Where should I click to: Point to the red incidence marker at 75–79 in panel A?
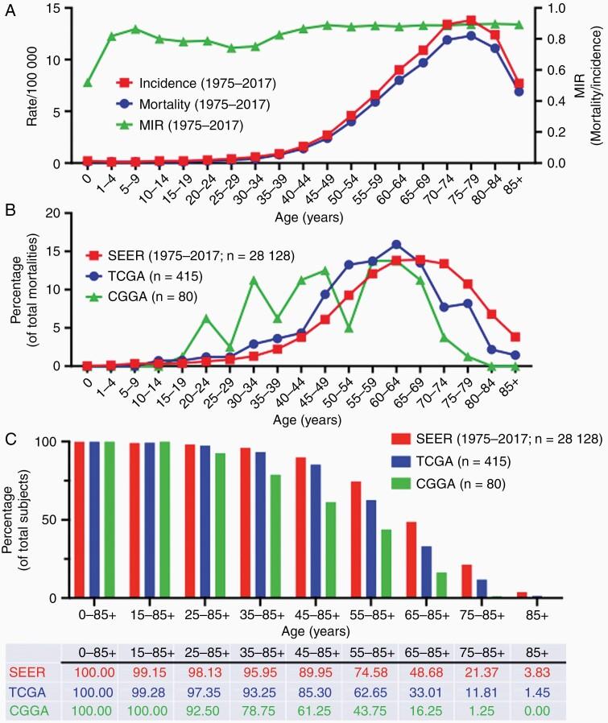472,21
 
